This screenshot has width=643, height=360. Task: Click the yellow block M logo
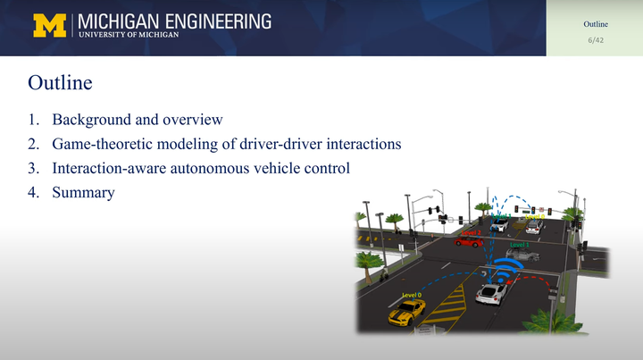50,26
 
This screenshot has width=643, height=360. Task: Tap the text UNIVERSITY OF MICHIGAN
129,35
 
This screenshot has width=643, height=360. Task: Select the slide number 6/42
596,40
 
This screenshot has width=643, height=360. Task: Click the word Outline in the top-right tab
596,24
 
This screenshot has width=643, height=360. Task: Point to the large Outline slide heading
60,84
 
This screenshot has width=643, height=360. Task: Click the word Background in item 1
90,120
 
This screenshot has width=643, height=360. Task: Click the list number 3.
33,168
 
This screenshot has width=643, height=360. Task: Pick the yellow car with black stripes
407,311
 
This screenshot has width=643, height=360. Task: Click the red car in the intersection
468,240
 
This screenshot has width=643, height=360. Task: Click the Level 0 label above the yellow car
412,295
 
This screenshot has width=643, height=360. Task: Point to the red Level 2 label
471,232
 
